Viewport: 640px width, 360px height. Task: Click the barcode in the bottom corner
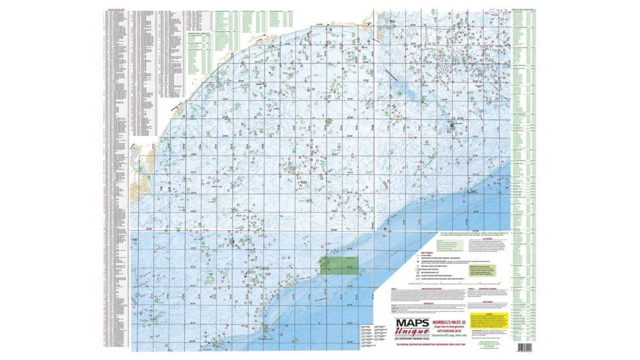coord(527,347)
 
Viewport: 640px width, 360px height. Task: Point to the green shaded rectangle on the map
coord(338,266)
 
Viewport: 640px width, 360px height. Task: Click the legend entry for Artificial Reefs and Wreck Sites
coord(437,264)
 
